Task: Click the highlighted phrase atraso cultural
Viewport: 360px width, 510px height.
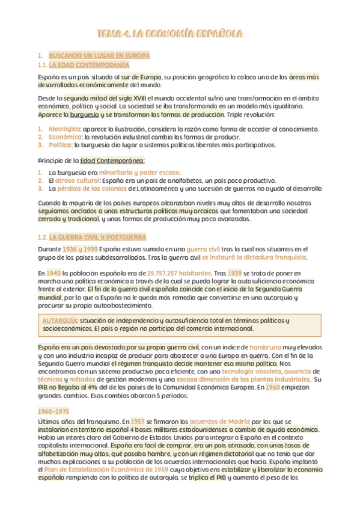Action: pos(78,180)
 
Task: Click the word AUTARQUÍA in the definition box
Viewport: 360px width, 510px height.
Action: pos(59,321)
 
